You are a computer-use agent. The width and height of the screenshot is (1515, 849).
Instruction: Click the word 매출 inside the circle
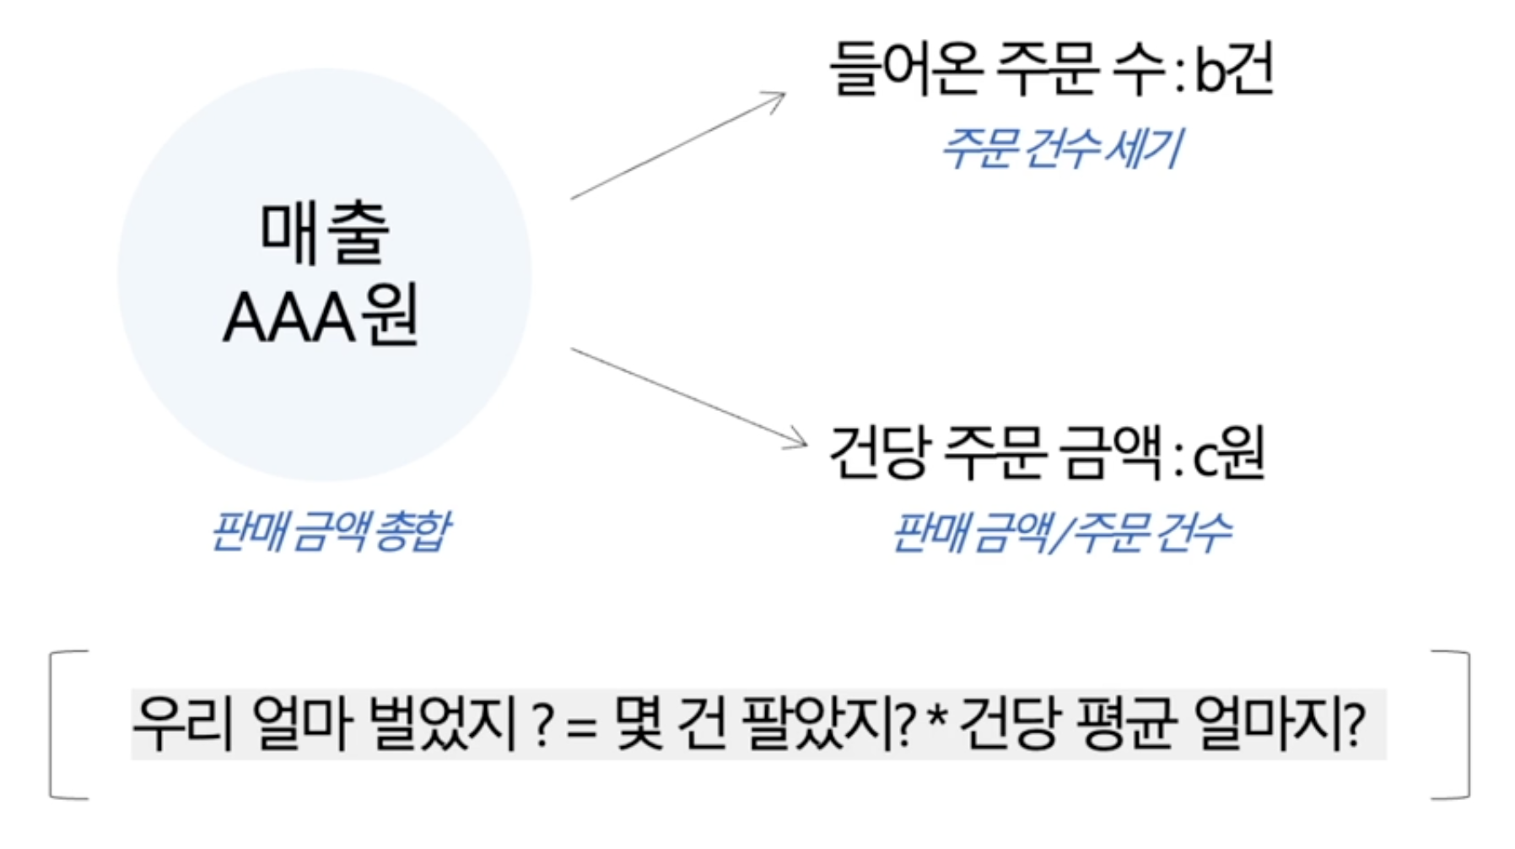tap(324, 231)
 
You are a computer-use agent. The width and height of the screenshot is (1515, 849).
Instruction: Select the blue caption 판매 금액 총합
tap(330, 532)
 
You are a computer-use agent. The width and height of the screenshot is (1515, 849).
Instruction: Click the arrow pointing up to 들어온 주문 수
tap(677, 146)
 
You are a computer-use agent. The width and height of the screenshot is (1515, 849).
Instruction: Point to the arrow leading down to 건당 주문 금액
tap(687, 397)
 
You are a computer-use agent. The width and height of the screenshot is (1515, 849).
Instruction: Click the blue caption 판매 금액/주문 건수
tap(1061, 533)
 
